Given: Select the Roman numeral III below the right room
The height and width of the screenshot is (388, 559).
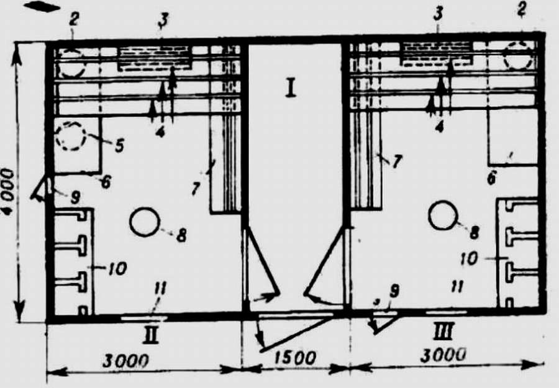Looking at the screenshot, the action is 443,332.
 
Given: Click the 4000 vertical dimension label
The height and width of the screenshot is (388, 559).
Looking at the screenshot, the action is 8,191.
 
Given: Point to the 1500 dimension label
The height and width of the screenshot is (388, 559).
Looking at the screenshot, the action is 296,358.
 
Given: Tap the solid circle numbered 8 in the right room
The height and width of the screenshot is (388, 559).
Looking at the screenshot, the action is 443,216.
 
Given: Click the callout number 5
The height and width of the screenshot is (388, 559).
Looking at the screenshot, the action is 119,145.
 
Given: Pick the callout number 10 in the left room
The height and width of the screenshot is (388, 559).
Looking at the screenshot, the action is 117,268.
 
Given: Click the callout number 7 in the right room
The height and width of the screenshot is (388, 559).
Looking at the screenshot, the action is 396,161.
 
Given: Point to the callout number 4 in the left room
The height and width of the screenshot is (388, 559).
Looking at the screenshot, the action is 160,132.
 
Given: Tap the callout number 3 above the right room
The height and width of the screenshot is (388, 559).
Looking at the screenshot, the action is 438,14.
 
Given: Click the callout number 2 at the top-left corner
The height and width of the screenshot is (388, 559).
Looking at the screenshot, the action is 73,20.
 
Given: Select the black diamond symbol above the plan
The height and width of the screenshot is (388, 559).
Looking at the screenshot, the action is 42,6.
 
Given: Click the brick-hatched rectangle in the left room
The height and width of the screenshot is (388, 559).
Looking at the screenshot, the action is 155,57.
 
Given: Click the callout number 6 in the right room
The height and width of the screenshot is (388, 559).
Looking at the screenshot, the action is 492,177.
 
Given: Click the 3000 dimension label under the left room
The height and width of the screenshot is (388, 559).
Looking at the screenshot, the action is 125,361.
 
